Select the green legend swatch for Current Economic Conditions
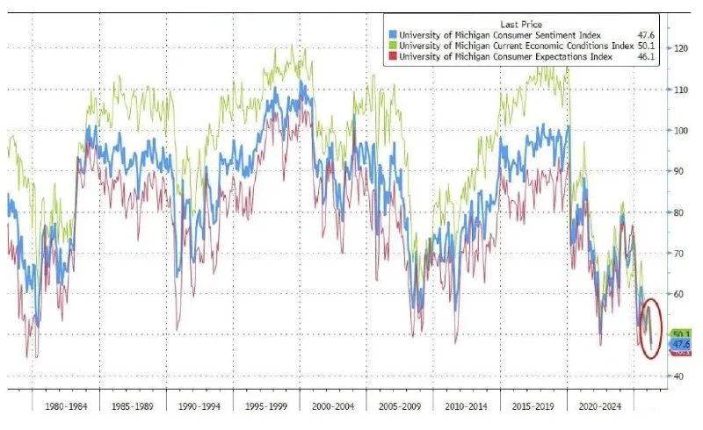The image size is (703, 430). coord(392,44)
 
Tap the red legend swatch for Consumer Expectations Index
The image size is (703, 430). coord(392,55)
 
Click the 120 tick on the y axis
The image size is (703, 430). coord(679,48)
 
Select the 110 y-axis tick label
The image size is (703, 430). coord(679,90)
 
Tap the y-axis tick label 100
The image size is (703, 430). coord(679,130)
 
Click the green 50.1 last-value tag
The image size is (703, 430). coord(680,334)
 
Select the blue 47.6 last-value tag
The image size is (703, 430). coord(680,345)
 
